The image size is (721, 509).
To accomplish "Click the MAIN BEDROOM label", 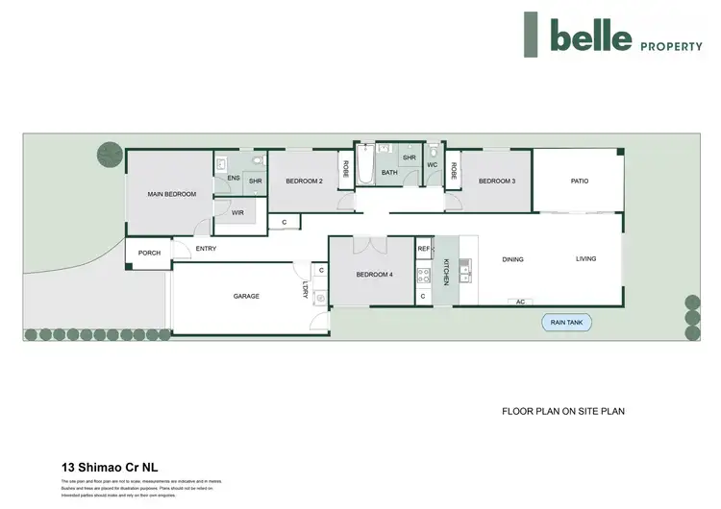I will pyautogui.click(x=172, y=194).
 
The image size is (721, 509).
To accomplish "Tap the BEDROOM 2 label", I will pyautogui.click(x=302, y=181).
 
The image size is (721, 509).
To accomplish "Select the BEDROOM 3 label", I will pyautogui.click(x=497, y=181).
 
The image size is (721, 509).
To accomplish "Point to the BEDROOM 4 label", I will pyautogui.click(x=374, y=275).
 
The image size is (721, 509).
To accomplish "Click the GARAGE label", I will pyautogui.click(x=246, y=296).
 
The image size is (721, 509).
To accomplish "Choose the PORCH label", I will pyautogui.click(x=149, y=254).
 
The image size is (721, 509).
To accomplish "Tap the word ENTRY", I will pyautogui.click(x=206, y=249).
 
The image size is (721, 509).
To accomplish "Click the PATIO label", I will pyautogui.click(x=579, y=180).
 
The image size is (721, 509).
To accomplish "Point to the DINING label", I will pyautogui.click(x=513, y=258).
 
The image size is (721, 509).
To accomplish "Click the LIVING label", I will pyautogui.click(x=586, y=258).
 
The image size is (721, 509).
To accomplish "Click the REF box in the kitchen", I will pyautogui.click(x=424, y=249).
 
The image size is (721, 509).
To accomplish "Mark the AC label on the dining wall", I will pyautogui.click(x=520, y=302).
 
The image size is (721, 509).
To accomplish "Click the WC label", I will pyautogui.click(x=432, y=164).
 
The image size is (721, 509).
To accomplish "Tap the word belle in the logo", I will pyautogui.click(x=590, y=36).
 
